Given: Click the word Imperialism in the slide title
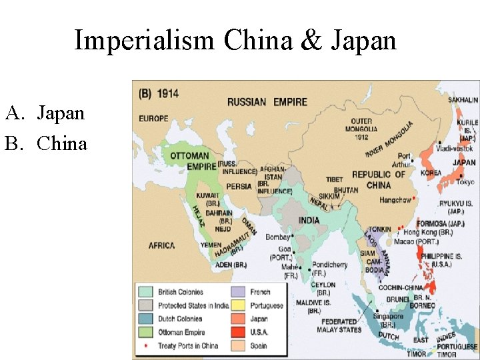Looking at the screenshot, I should pyautogui.click(x=145, y=41).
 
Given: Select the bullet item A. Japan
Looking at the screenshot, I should pyautogui.click(x=45, y=113).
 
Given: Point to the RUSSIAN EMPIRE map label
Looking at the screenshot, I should pyautogui.click(x=267, y=102).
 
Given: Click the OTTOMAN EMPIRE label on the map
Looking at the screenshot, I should pyautogui.click(x=189, y=161).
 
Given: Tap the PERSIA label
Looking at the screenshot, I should pyautogui.click(x=239, y=186).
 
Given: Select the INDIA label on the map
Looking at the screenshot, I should pyautogui.click(x=309, y=221).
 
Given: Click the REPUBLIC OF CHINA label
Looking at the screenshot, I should pyautogui.click(x=378, y=179).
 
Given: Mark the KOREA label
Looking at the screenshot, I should pyautogui.click(x=431, y=173).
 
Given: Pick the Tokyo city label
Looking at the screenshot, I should pyautogui.click(x=465, y=182).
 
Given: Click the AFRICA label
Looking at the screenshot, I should pyautogui.click(x=161, y=245).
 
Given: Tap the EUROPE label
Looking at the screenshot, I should pyautogui.click(x=153, y=119).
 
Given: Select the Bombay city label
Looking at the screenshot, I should pyautogui.click(x=277, y=237).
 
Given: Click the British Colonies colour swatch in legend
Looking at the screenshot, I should pyautogui.click(x=146, y=292).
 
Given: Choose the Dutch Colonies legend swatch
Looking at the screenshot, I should pyautogui.click(x=146, y=319).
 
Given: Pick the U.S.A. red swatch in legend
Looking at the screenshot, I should pyautogui.click(x=239, y=332).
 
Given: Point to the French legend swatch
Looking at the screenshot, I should pyautogui.click(x=239, y=292).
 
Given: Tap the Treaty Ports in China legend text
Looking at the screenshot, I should pyautogui.click(x=187, y=346).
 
